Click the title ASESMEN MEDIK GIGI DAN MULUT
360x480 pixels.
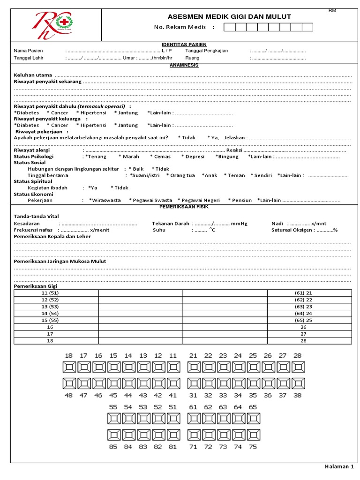229,17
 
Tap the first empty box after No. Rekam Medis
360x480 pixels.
229,27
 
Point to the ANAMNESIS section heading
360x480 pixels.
184,65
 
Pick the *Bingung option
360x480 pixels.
227,157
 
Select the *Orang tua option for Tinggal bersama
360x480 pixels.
180,175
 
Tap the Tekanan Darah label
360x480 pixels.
171,224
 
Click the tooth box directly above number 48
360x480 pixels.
69,384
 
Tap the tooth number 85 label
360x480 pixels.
113,447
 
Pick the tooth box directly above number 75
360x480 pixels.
253,435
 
